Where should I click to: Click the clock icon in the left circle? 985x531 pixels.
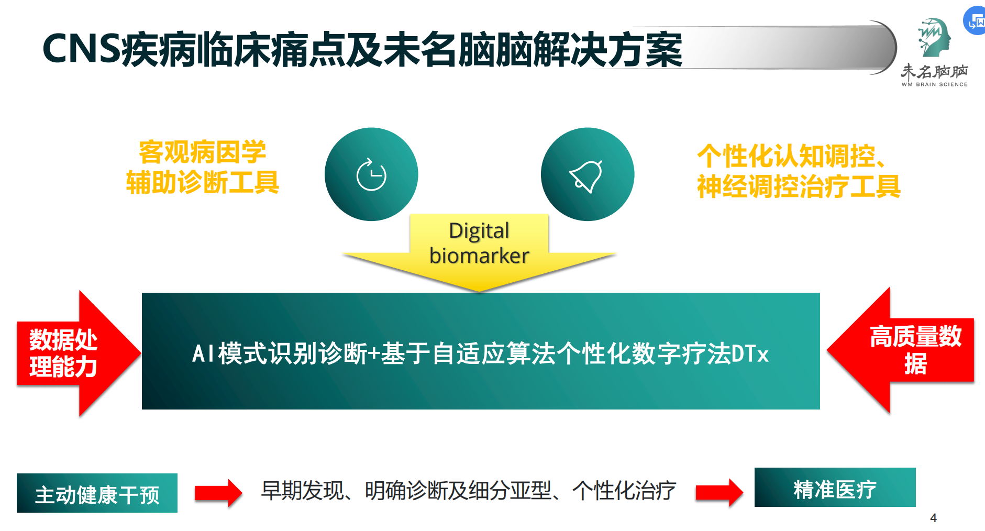(x=371, y=174)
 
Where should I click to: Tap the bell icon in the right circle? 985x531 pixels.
(x=586, y=176)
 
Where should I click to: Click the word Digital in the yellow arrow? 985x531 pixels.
(x=479, y=231)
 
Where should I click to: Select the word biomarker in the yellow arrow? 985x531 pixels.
(x=479, y=256)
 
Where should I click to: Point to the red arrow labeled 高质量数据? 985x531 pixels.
(x=901, y=350)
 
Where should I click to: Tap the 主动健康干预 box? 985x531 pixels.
(x=97, y=493)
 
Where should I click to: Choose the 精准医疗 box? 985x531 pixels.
(x=835, y=487)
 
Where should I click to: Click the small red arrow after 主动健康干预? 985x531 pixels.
(x=218, y=493)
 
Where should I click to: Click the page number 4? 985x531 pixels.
(x=933, y=518)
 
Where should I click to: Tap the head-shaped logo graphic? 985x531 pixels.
(x=934, y=38)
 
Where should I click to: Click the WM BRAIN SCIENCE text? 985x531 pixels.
(x=934, y=84)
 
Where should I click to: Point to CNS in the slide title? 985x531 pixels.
(x=82, y=49)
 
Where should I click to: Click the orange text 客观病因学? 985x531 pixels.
(x=202, y=152)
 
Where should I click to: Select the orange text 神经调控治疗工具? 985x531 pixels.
(x=799, y=186)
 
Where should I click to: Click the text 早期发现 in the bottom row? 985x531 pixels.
(x=302, y=491)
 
